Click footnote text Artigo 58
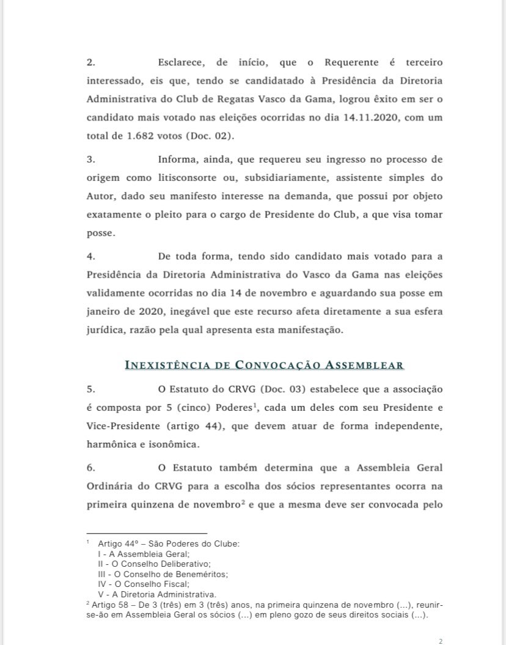tap(110, 605)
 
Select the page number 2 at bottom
tap(441, 641)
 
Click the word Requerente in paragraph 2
tap(352, 62)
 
